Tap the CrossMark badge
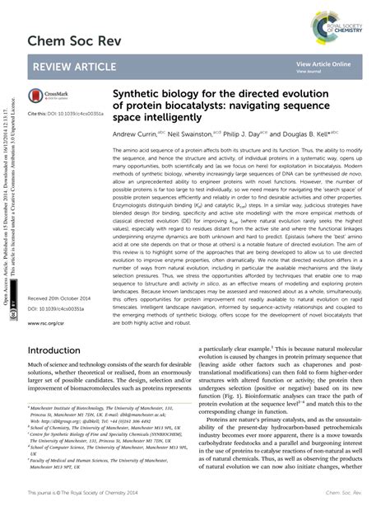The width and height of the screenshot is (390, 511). pyautogui.click(x=49, y=96)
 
